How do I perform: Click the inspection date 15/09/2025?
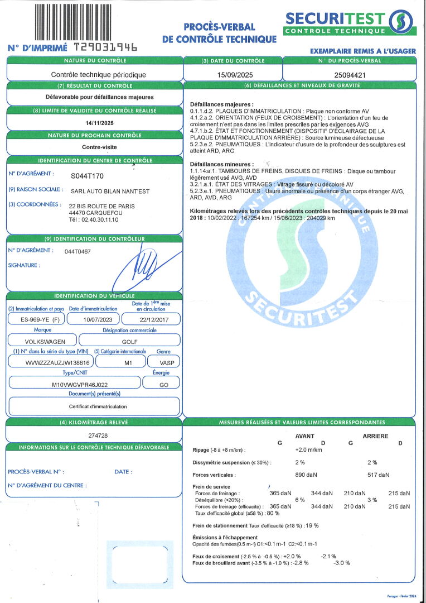click(233, 74)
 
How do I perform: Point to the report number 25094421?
click(350, 74)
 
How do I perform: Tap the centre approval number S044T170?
click(88, 176)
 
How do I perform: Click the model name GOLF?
click(129, 341)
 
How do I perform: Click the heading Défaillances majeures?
click(221, 104)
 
